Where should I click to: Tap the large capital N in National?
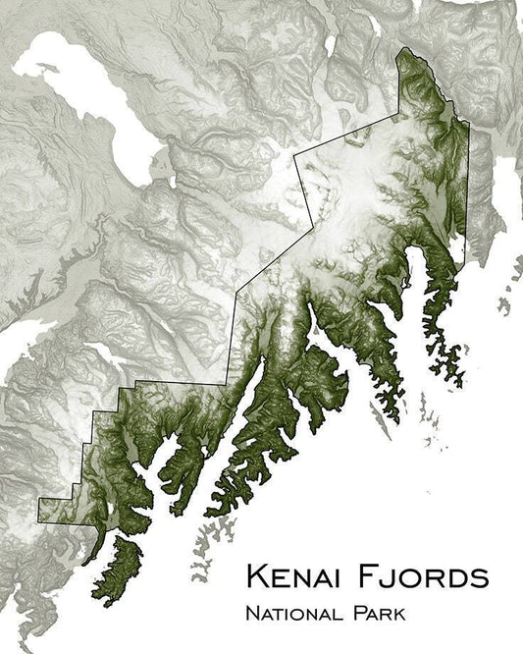(253, 615)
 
